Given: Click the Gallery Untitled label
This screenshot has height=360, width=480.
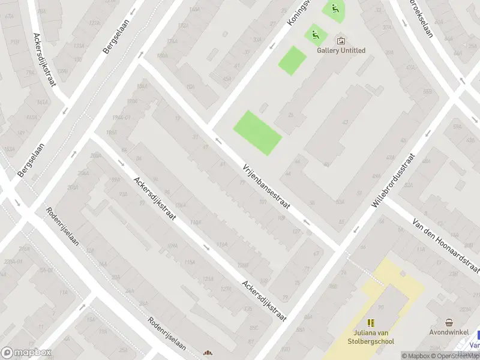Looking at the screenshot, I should pos(341,50).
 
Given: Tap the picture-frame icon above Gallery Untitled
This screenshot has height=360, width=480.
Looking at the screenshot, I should pos(341,41).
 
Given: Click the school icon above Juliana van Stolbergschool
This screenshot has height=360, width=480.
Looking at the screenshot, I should pos(371,323).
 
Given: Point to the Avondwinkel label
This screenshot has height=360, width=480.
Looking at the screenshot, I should pos(448,332).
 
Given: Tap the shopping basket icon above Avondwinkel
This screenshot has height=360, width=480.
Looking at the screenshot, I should pos(449,322).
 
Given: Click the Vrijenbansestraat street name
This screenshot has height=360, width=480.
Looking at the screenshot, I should pos(266,187).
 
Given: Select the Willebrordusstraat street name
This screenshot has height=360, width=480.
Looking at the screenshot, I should pos(393,181).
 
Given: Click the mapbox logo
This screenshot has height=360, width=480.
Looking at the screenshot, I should pos(25,353).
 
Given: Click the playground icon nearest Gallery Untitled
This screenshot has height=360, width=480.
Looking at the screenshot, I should pos(315,34).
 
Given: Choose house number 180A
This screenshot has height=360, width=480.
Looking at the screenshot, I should pos(162,56).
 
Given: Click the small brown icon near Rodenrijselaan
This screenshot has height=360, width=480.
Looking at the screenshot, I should pos(208,353).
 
